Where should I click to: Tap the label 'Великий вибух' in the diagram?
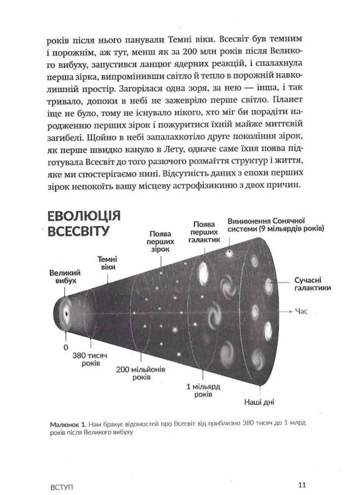click(65, 278)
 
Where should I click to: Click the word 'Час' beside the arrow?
click(301, 312)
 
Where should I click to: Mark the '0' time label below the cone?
click(65, 347)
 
